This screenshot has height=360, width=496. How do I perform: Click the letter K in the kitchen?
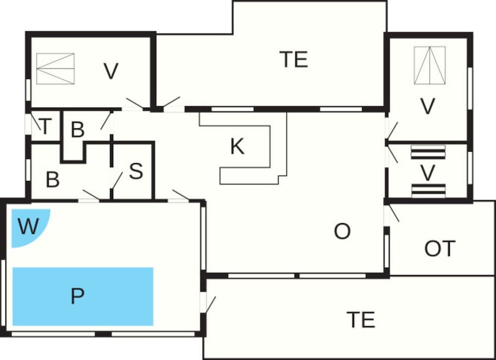click(237, 146)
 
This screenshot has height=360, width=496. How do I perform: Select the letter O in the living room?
click(342, 231)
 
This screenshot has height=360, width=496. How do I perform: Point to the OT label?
click(439, 248)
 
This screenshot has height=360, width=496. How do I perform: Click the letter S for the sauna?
click(136, 171)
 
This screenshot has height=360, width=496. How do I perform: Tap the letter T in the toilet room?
click(45, 127)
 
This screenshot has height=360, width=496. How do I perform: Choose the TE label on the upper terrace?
click(294, 60)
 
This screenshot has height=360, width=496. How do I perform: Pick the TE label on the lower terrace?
click(361, 319)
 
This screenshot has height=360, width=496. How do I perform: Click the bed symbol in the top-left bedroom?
click(56, 68)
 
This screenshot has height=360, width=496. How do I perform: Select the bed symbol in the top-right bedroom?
click(430, 65)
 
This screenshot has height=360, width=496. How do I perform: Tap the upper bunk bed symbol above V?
click(428, 152)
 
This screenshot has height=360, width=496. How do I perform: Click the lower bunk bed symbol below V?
click(428, 190)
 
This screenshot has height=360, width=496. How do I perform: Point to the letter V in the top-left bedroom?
click(111, 71)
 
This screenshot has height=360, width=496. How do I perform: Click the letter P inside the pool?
click(77, 296)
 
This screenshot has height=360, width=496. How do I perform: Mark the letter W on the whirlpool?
click(28, 227)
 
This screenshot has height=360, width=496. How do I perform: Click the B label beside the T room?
click(78, 130)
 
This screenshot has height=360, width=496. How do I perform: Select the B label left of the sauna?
click(53, 180)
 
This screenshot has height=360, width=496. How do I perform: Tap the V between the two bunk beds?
click(428, 173)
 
